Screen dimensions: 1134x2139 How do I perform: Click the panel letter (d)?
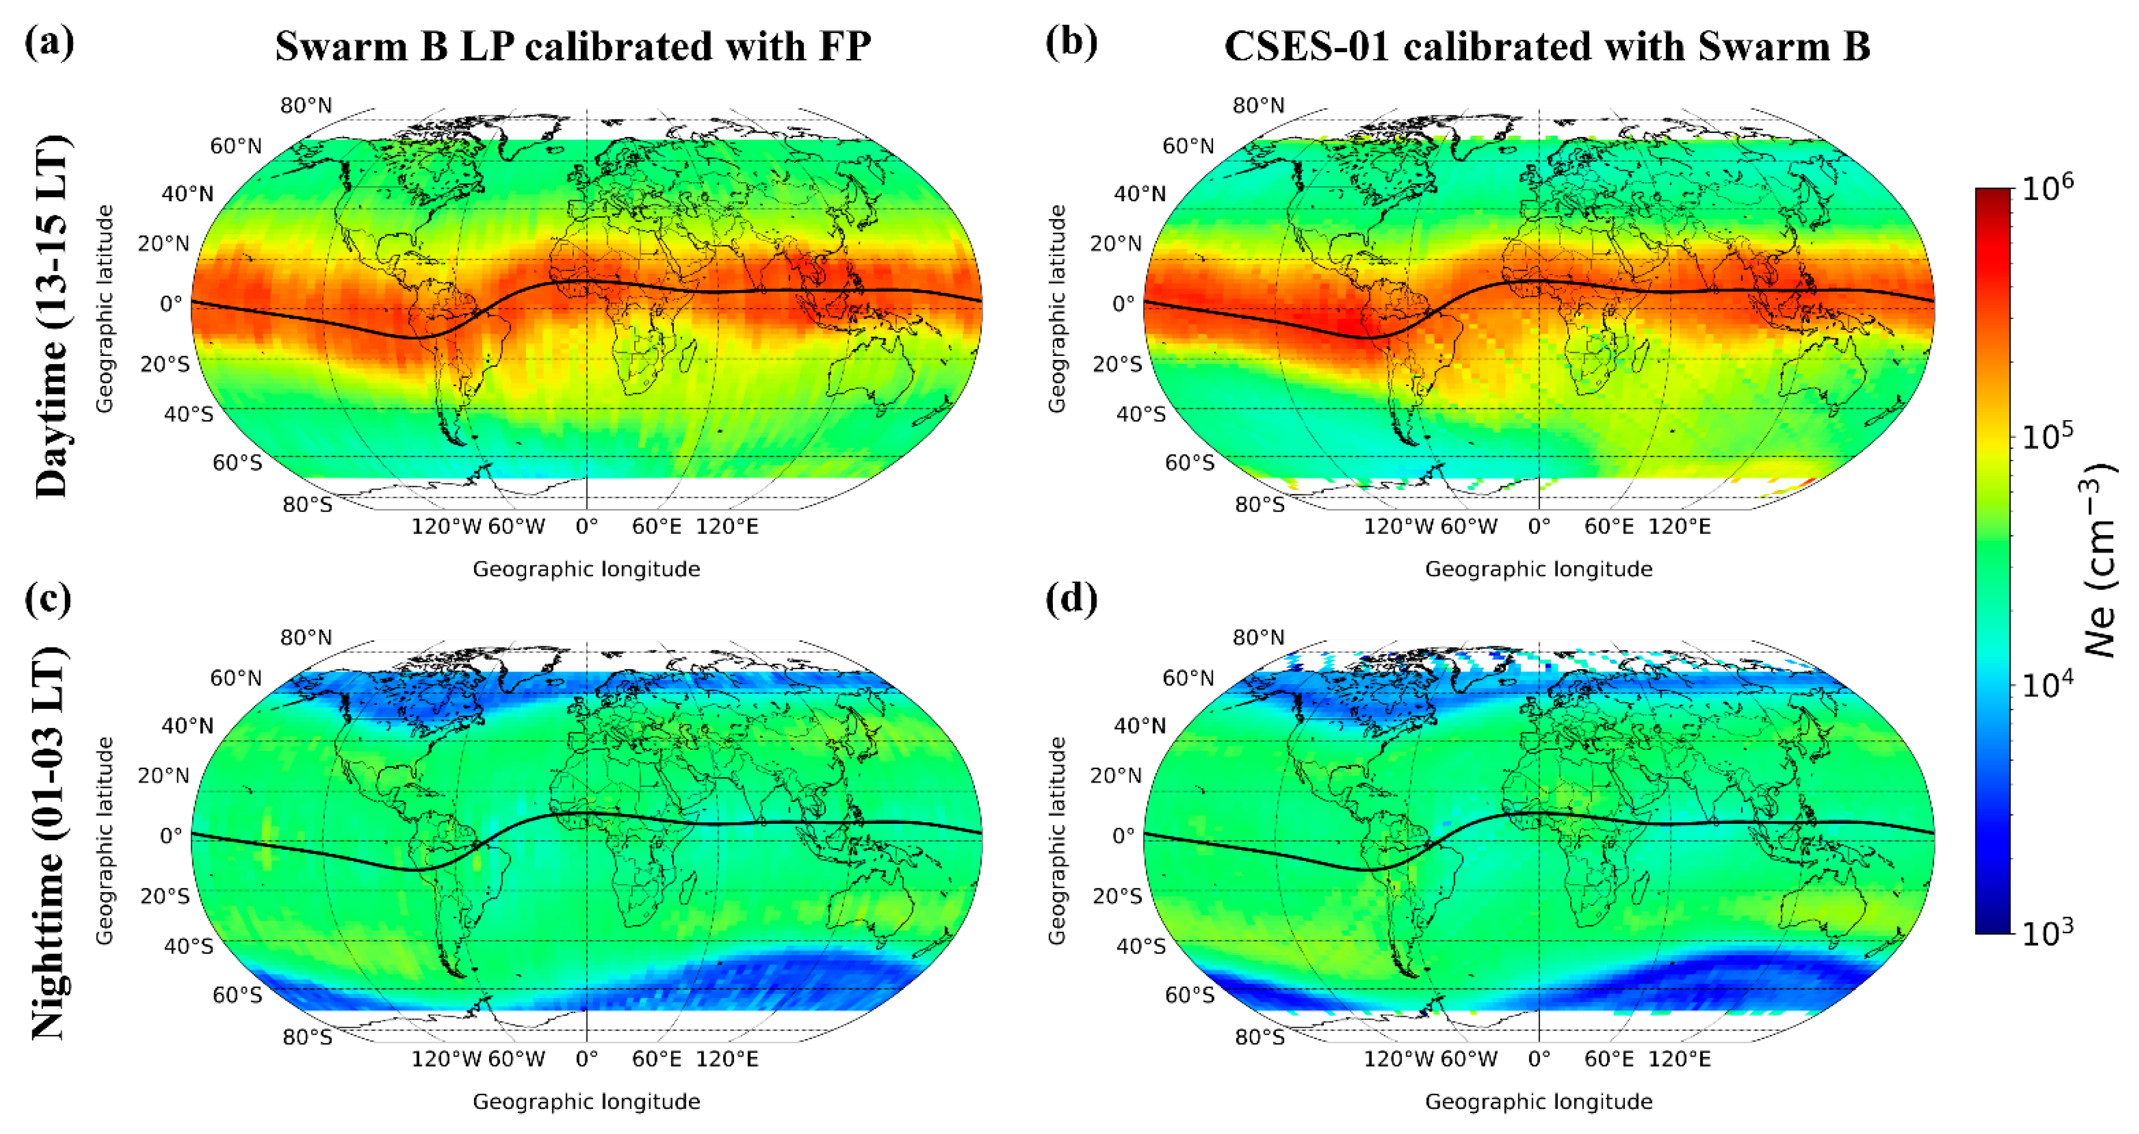coord(1071,598)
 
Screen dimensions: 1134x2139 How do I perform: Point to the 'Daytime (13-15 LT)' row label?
coord(52,315)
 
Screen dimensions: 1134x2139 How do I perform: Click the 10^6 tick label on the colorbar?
coord(2047,188)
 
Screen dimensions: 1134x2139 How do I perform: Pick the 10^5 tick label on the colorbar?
coord(2047,436)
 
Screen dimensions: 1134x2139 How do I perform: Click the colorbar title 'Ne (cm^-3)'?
coord(2101,560)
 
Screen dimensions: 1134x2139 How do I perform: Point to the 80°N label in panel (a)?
coord(306,105)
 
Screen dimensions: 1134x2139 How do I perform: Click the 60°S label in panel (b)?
coord(1189,462)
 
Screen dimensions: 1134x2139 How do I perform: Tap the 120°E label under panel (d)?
coord(1679,1059)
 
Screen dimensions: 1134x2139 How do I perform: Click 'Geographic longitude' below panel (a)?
coord(586,569)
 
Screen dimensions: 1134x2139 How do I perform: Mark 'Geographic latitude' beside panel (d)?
coord(1056,840)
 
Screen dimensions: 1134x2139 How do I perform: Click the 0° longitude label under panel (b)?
coord(1538,526)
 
